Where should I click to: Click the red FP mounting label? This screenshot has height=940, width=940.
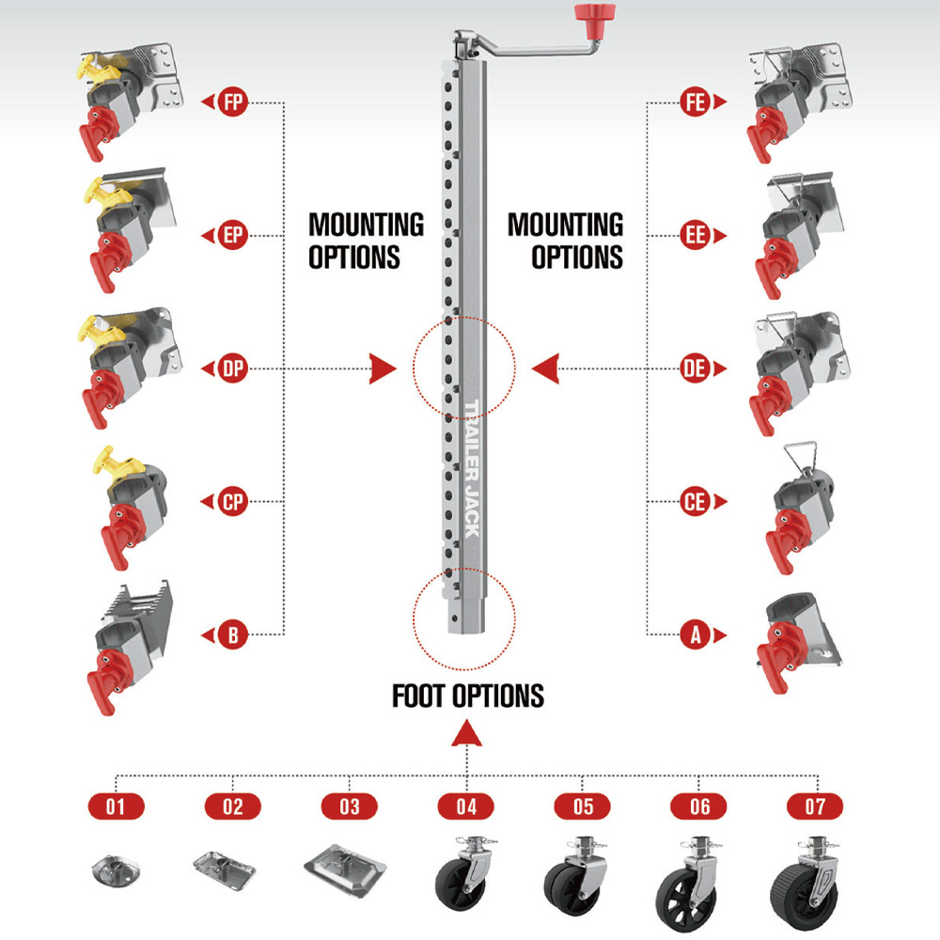point(232,102)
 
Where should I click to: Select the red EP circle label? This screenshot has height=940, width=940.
point(232,235)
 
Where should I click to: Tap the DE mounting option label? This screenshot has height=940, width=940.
point(696,368)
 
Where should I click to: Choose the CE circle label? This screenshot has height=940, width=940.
point(696,502)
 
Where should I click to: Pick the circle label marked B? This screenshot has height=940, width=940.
point(232,634)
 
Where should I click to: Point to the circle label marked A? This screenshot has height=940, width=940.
point(696,634)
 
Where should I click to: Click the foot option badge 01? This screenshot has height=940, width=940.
point(117,807)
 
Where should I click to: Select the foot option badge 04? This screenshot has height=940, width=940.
point(466,807)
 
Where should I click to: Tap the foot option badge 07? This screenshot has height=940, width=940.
point(815,807)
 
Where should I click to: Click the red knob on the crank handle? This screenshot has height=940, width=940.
point(595,12)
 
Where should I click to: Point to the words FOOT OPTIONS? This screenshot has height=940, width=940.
point(468,696)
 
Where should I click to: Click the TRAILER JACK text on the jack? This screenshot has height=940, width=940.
point(473,469)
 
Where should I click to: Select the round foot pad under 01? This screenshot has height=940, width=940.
point(116,870)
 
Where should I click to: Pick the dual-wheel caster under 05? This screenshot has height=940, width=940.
point(574,878)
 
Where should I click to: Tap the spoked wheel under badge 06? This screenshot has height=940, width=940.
point(683,901)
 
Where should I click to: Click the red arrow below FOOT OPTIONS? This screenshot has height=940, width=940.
point(466,734)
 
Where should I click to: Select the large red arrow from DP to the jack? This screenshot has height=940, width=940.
point(384,368)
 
